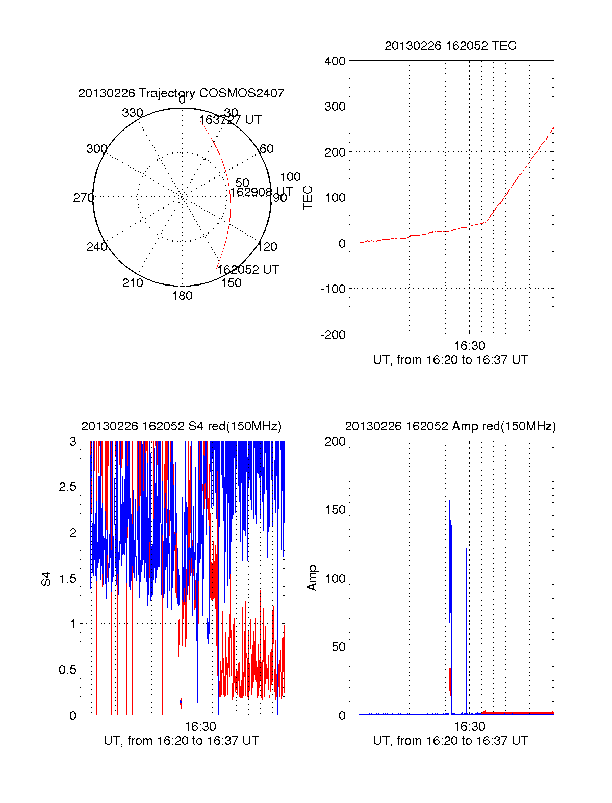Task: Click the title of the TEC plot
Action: click(450, 46)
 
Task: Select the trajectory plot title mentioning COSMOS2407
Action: click(181, 93)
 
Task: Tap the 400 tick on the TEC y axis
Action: click(335, 61)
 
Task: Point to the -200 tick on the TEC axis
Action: click(333, 335)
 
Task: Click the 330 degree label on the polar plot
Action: click(132, 113)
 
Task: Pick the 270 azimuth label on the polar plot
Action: click(83, 198)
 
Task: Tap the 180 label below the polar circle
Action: click(182, 296)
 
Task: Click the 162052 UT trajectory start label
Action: click(248, 270)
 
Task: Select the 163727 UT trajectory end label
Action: click(230, 120)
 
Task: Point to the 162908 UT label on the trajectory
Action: click(261, 192)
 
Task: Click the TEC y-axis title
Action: click(308, 198)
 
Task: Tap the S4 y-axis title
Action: click(46, 579)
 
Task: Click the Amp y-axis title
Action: click(312, 578)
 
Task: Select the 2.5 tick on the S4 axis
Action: click(68, 487)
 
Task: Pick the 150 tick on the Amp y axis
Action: click(335, 510)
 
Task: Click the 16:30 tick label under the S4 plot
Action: click(200, 727)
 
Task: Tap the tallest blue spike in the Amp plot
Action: click(450, 502)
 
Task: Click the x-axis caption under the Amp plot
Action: click(450, 741)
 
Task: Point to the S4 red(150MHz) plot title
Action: click(181, 426)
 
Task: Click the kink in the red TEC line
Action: click(486, 222)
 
